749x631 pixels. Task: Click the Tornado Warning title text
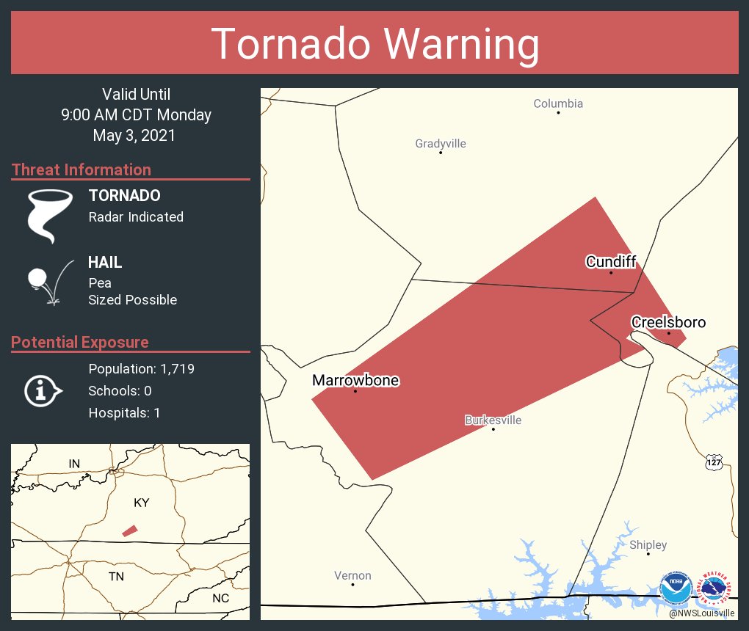tap(374, 44)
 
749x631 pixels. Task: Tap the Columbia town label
tap(558, 103)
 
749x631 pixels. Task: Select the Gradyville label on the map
tap(441, 143)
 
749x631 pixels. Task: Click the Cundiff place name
tap(610, 261)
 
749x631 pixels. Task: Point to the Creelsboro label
tap(668, 322)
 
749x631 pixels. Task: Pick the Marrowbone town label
tap(355, 380)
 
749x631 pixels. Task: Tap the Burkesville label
tap(493, 420)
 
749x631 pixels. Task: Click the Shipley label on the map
tap(648, 544)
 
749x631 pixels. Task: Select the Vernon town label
tap(352, 575)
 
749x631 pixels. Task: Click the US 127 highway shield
tap(714, 462)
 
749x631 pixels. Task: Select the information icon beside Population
tap(43, 391)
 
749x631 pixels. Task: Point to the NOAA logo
tap(676, 588)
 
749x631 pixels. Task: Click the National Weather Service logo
tap(715, 588)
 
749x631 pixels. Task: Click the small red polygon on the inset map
tap(129, 530)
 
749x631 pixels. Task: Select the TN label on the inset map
tap(116, 576)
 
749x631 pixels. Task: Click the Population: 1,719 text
tap(141, 369)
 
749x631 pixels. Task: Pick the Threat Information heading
tap(82, 169)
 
